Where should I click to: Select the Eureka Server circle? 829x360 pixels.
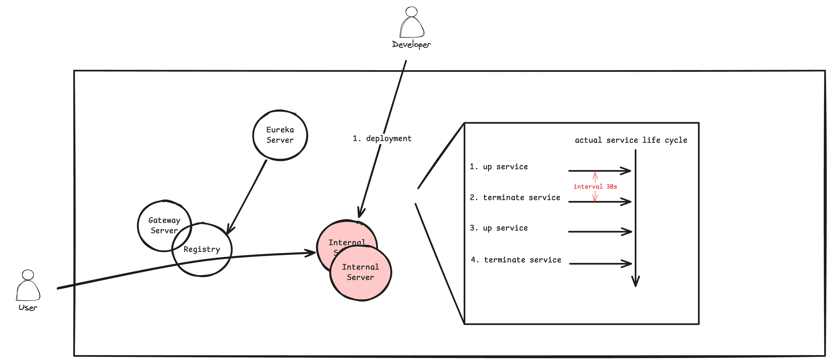point(280,135)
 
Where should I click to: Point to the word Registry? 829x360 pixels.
point(202,249)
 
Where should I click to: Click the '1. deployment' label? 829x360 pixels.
point(382,138)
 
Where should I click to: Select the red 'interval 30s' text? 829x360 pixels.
point(595,186)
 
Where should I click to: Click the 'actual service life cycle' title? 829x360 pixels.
point(631,140)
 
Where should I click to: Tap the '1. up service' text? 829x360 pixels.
point(498,167)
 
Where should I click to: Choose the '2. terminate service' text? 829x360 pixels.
point(515,197)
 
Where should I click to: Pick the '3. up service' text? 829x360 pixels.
point(498,228)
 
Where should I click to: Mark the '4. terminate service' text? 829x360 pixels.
point(516,260)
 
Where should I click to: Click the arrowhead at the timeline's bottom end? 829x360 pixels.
point(635,282)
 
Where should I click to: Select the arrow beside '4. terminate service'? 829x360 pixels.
point(600,264)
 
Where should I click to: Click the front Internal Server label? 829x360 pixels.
point(361,272)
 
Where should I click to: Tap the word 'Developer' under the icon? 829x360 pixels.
point(411,44)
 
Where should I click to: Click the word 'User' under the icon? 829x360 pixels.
point(28,308)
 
